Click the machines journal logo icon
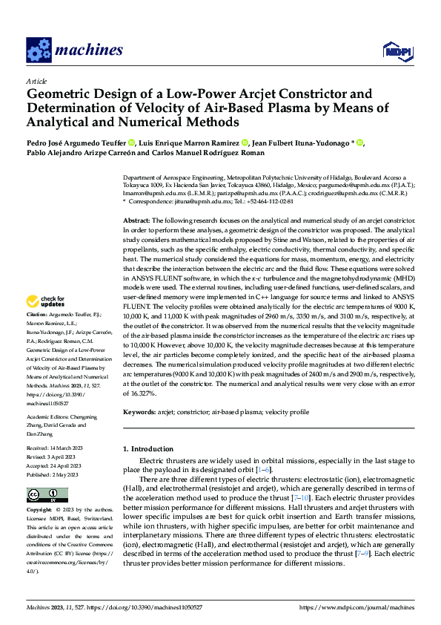pyautogui.click(x=39, y=50)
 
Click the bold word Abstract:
pyautogui.click(x=136, y=221)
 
